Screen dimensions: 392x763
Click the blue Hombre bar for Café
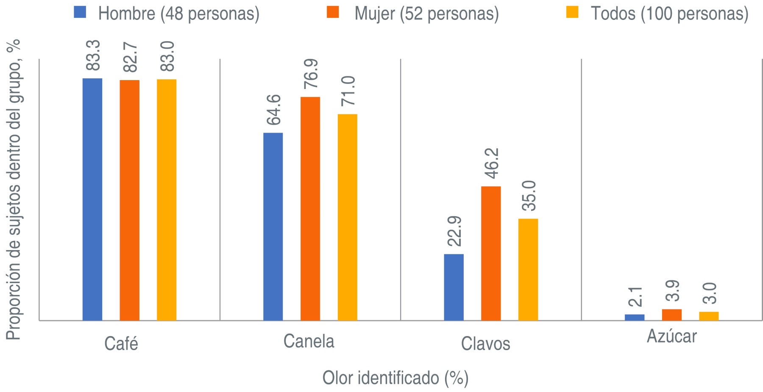pyautogui.click(x=92, y=199)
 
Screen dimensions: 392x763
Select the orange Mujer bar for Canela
pyautogui.click(x=310, y=209)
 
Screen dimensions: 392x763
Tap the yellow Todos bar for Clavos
pyautogui.click(x=528, y=269)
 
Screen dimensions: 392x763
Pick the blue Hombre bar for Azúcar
pyautogui.click(x=635, y=317)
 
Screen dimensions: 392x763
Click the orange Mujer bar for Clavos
pyautogui.click(x=491, y=253)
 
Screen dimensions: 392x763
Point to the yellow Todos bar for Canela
pyautogui.click(x=348, y=217)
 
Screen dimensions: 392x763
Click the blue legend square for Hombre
pyautogui.click(x=80, y=12)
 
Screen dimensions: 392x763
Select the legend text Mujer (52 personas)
pyautogui.click(x=426, y=14)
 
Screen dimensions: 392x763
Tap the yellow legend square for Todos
pyautogui.click(x=573, y=12)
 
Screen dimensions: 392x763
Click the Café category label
pyautogui.click(x=121, y=344)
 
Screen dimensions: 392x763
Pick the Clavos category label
pyautogui.click(x=485, y=344)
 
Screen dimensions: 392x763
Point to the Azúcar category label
pyautogui.click(x=672, y=336)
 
